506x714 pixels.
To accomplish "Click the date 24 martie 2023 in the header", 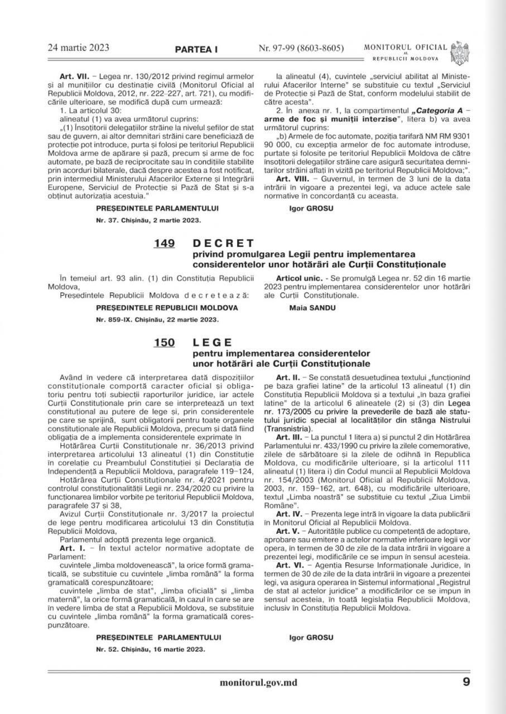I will [x=78, y=47].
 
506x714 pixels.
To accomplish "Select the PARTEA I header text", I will [x=196, y=50].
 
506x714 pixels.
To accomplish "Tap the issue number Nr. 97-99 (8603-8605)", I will [x=301, y=48].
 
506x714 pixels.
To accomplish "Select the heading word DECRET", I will [x=223, y=243].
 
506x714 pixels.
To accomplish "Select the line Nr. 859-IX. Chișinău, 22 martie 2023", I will [x=157, y=320].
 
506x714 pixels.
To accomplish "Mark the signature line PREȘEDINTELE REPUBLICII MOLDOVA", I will [x=167, y=307].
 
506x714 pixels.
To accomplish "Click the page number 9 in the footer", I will [x=466, y=682].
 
